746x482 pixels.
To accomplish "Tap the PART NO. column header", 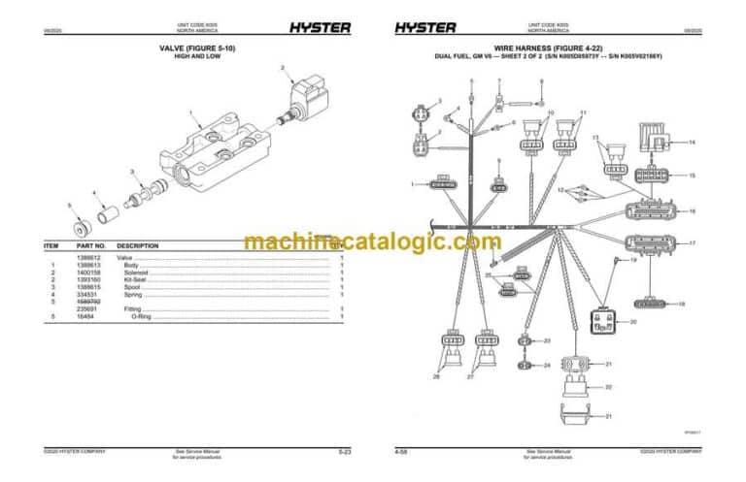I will tap(90, 246).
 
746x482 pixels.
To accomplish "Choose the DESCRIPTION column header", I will tap(138, 246).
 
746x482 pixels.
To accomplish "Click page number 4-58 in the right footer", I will tap(400, 452).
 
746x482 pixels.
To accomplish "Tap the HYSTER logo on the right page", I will tap(425, 27).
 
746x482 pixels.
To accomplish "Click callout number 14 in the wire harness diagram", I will tap(692, 143).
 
